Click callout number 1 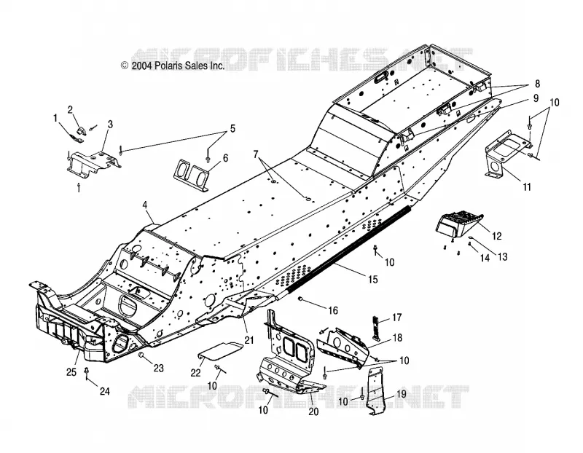pyautogui.click(x=56, y=119)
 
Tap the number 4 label pyautogui.click(x=145, y=205)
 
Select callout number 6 pyautogui.click(x=225, y=158)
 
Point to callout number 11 pyautogui.click(x=527, y=186)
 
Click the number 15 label pyautogui.click(x=372, y=279)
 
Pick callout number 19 pyautogui.click(x=402, y=394)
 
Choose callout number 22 pyautogui.click(x=195, y=373)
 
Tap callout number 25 pyautogui.click(x=71, y=372)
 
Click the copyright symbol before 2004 pyautogui.click(x=125, y=66)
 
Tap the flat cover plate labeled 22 pyautogui.click(x=219, y=351)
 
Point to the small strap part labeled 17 pyautogui.click(x=377, y=328)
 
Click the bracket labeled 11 pyautogui.click(x=509, y=153)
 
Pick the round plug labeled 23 pyautogui.click(x=141, y=355)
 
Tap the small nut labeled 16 pyautogui.click(x=300, y=299)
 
